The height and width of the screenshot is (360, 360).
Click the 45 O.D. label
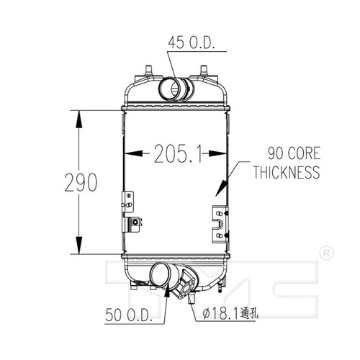(x=192, y=43)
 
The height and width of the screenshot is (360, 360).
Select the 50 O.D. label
(x=129, y=315)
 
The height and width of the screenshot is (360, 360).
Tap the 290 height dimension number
(x=81, y=182)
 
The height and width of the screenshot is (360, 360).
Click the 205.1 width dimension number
(x=178, y=153)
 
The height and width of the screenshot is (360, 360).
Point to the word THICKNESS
(x=287, y=172)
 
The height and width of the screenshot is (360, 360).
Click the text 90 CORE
(x=294, y=153)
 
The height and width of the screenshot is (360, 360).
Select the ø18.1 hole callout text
(x=230, y=313)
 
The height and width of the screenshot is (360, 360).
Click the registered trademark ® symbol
(x=327, y=253)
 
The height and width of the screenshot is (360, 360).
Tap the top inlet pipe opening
(x=169, y=89)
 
